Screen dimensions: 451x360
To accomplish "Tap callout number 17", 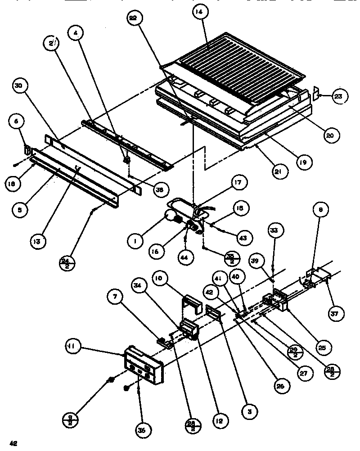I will click(x=237, y=183).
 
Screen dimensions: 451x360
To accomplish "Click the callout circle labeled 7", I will click(x=115, y=296).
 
